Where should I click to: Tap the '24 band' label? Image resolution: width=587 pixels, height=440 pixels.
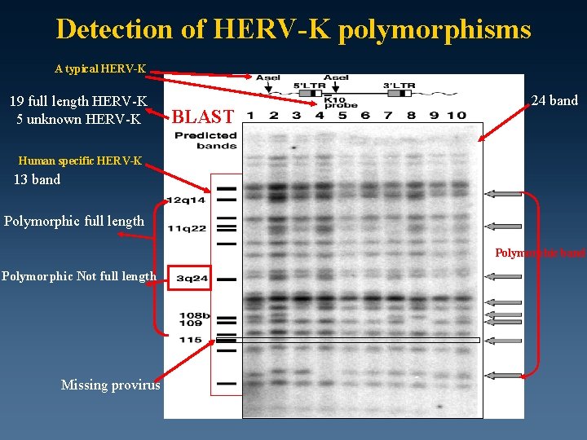pos(554,100)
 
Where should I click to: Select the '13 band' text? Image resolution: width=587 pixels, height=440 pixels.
pos(37,179)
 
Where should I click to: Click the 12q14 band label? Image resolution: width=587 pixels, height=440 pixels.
pos(186,200)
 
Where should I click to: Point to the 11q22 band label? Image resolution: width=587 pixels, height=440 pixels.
pos(187,228)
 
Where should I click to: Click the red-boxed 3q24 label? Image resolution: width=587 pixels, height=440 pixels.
pos(192,279)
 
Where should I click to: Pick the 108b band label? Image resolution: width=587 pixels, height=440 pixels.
pos(194,315)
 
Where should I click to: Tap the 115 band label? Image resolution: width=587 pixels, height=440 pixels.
pos(190,340)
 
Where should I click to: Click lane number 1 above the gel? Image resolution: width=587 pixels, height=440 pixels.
pos(253,115)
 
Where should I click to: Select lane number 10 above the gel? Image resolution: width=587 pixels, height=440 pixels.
pos(457,115)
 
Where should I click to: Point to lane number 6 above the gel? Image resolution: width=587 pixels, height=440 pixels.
pos(365,115)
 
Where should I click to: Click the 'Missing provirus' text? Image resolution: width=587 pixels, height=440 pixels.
pos(110,385)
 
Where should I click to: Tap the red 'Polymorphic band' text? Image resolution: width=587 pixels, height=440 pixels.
pos(540,253)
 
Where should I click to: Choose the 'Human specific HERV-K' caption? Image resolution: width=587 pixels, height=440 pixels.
pos(80,161)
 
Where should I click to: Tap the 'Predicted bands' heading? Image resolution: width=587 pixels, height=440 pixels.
pos(205,140)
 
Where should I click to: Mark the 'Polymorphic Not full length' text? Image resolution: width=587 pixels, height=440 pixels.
pos(78,276)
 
